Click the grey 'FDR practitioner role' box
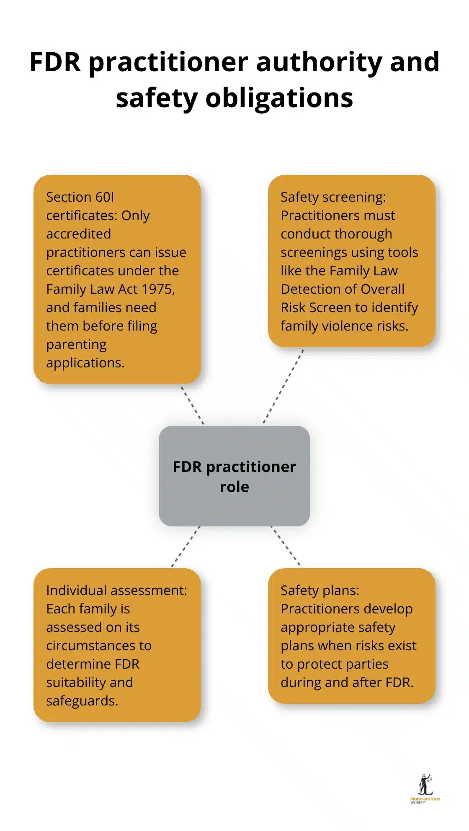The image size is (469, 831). (x=234, y=476)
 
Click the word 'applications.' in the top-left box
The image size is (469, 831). (x=85, y=363)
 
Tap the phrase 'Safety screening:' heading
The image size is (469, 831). (x=333, y=197)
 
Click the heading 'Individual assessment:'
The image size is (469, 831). (x=116, y=590)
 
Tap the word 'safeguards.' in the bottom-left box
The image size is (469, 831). (x=82, y=701)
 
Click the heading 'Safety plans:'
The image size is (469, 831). (x=320, y=590)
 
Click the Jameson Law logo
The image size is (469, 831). (x=425, y=789)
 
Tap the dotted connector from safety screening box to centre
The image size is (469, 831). (x=283, y=386)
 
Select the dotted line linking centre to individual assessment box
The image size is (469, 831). (x=186, y=546)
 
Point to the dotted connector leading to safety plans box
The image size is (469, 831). (x=286, y=546)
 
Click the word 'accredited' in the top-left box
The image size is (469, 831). (x=78, y=234)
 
